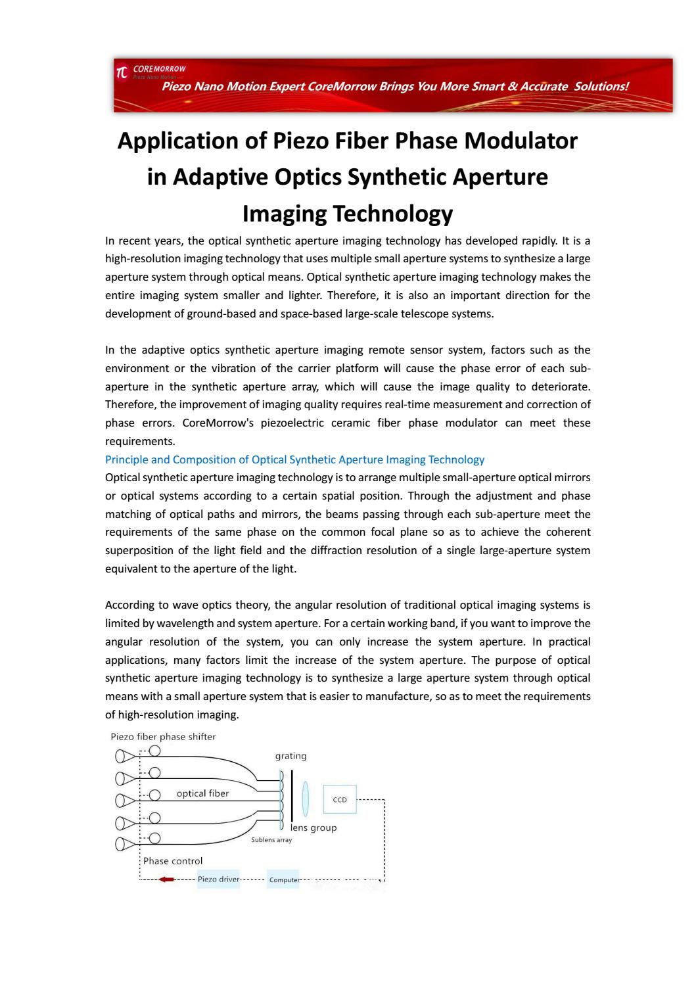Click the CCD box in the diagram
coord(340,799)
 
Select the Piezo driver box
coord(218,879)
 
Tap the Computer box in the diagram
coord(283,879)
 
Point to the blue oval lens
coord(305,797)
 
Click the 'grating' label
coord(290,756)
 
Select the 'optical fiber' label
coord(202,793)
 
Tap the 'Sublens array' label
coord(271,839)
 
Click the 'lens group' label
coord(314,828)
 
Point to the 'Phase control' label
coord(173,860)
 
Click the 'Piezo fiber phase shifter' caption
coord(163,736)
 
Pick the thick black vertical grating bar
coord(292,794)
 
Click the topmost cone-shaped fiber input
coord(123,757)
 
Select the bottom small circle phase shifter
coord(154,838)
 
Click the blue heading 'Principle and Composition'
coord(294,459)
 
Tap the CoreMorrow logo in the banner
coord(122,72)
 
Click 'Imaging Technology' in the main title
coord(348,214)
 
